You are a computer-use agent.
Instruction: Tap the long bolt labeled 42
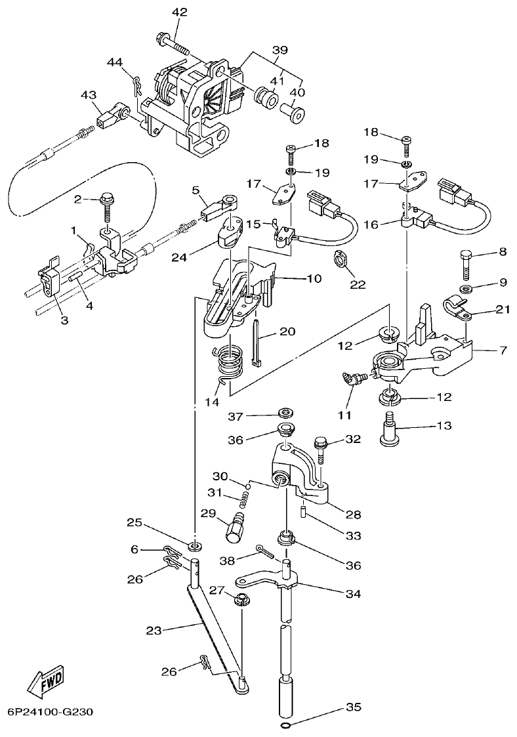(172, 44)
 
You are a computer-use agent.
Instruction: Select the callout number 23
(154, 631)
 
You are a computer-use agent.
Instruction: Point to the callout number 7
(503, 350)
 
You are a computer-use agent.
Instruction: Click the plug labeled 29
(235, 525)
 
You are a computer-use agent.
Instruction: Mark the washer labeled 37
(285, 414)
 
